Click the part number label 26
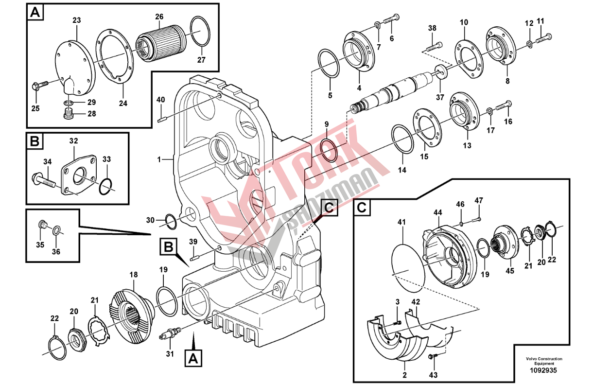point(159,17)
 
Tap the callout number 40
point(161,100)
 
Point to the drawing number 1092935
point(543,370)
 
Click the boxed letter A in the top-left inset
point(35,13)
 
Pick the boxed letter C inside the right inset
point(362,208)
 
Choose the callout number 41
point(401,222)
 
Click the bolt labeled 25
point(38,86)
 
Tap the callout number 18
point(134,275)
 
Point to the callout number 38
point(432,28)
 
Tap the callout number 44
point(438,212)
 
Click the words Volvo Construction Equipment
point(543,361)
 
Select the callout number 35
point(41,244)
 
